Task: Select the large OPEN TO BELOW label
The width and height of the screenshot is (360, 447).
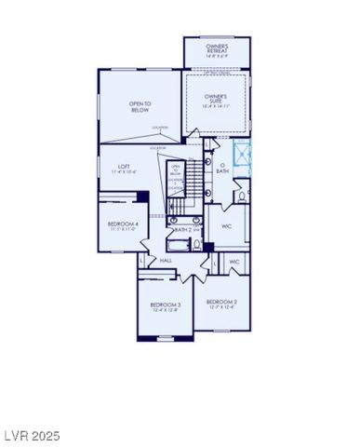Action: click(140, 107)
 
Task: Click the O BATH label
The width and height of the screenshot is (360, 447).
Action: click(222, 168)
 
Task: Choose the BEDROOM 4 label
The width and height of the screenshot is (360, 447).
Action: click(123, 223)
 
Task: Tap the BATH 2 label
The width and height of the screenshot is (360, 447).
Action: click(182, 228)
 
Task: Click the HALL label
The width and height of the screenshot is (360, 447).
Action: click(166, 261)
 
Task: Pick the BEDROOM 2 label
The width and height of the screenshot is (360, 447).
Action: click(222, 302)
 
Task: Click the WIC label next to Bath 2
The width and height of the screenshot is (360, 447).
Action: click(226, 226)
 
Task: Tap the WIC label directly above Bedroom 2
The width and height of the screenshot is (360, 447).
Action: click(234, 262)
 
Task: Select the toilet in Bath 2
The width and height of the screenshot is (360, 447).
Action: click(196, 245)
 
